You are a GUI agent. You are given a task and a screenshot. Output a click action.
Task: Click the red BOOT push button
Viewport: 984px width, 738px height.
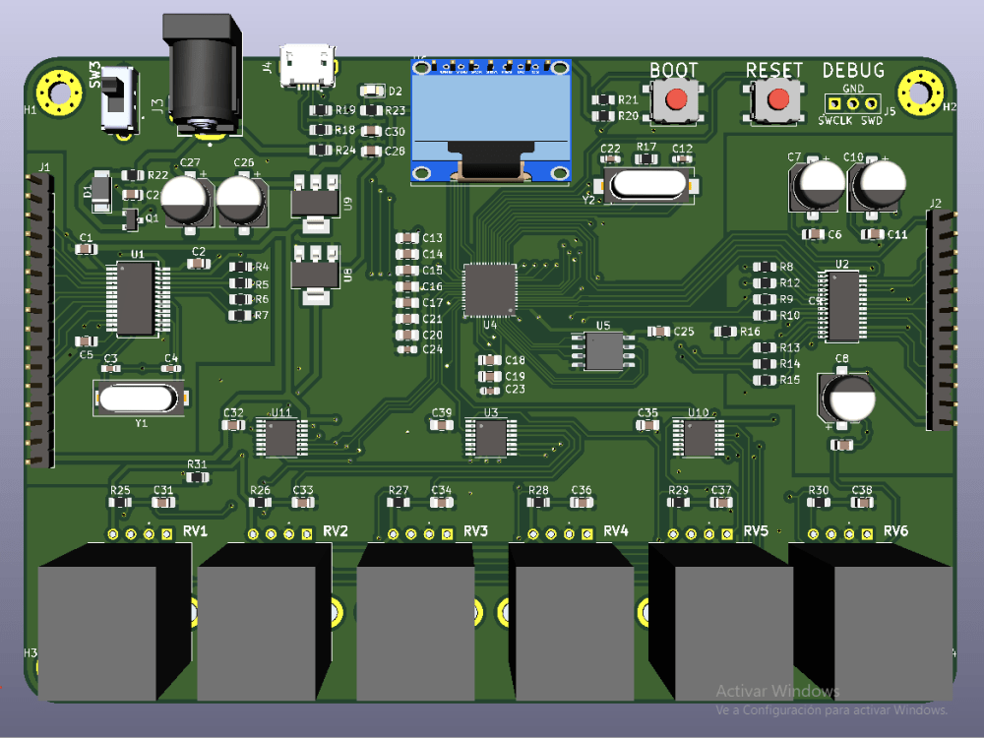(676, 100)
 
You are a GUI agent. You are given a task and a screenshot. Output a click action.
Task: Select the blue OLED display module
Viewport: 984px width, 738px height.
(492, 122)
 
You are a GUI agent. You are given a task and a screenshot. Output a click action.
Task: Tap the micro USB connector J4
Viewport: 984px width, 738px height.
(307, 67)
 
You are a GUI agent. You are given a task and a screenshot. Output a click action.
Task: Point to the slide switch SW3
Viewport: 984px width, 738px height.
(120, 98)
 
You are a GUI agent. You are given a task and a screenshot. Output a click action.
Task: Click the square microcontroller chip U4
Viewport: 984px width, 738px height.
(489, 288)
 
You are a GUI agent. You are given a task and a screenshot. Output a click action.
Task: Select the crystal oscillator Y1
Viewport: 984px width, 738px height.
(139, 398)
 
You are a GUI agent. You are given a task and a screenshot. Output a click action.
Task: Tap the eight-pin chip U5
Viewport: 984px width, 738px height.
(603, 350)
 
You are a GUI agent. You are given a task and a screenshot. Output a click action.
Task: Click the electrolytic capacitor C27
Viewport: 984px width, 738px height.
(185, 200)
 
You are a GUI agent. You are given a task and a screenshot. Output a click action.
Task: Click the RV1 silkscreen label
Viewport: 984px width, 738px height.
(195, 531)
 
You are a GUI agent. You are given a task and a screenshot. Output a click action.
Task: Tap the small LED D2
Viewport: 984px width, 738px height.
(372, 92)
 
